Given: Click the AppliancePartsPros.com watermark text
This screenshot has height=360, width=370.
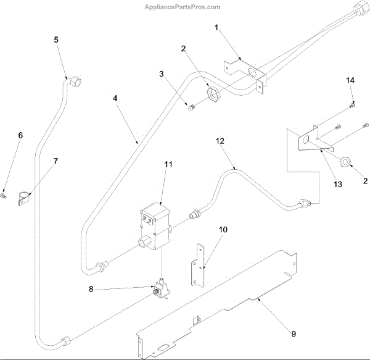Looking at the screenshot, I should pos(182,7).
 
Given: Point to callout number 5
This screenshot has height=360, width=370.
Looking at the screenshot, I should pos(56,40).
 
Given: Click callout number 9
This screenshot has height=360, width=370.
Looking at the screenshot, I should pos(294,334).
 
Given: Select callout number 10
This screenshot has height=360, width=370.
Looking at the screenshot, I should pos(223,230).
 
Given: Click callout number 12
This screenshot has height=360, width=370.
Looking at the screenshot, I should pos(220,141).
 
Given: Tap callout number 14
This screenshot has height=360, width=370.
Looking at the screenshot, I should pos(350,81).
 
